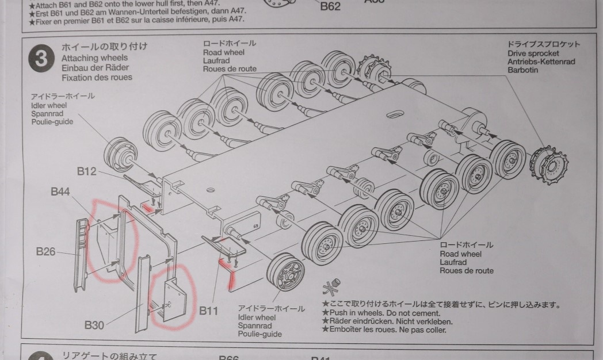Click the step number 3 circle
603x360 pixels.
[40, 59]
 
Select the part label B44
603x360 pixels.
[62, 192]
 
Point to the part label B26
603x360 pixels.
[47, 251]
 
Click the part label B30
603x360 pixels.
[94, 325]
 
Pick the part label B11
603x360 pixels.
[209, 311]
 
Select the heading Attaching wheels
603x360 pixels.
[94, 58]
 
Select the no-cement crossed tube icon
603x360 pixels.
[333, 289]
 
